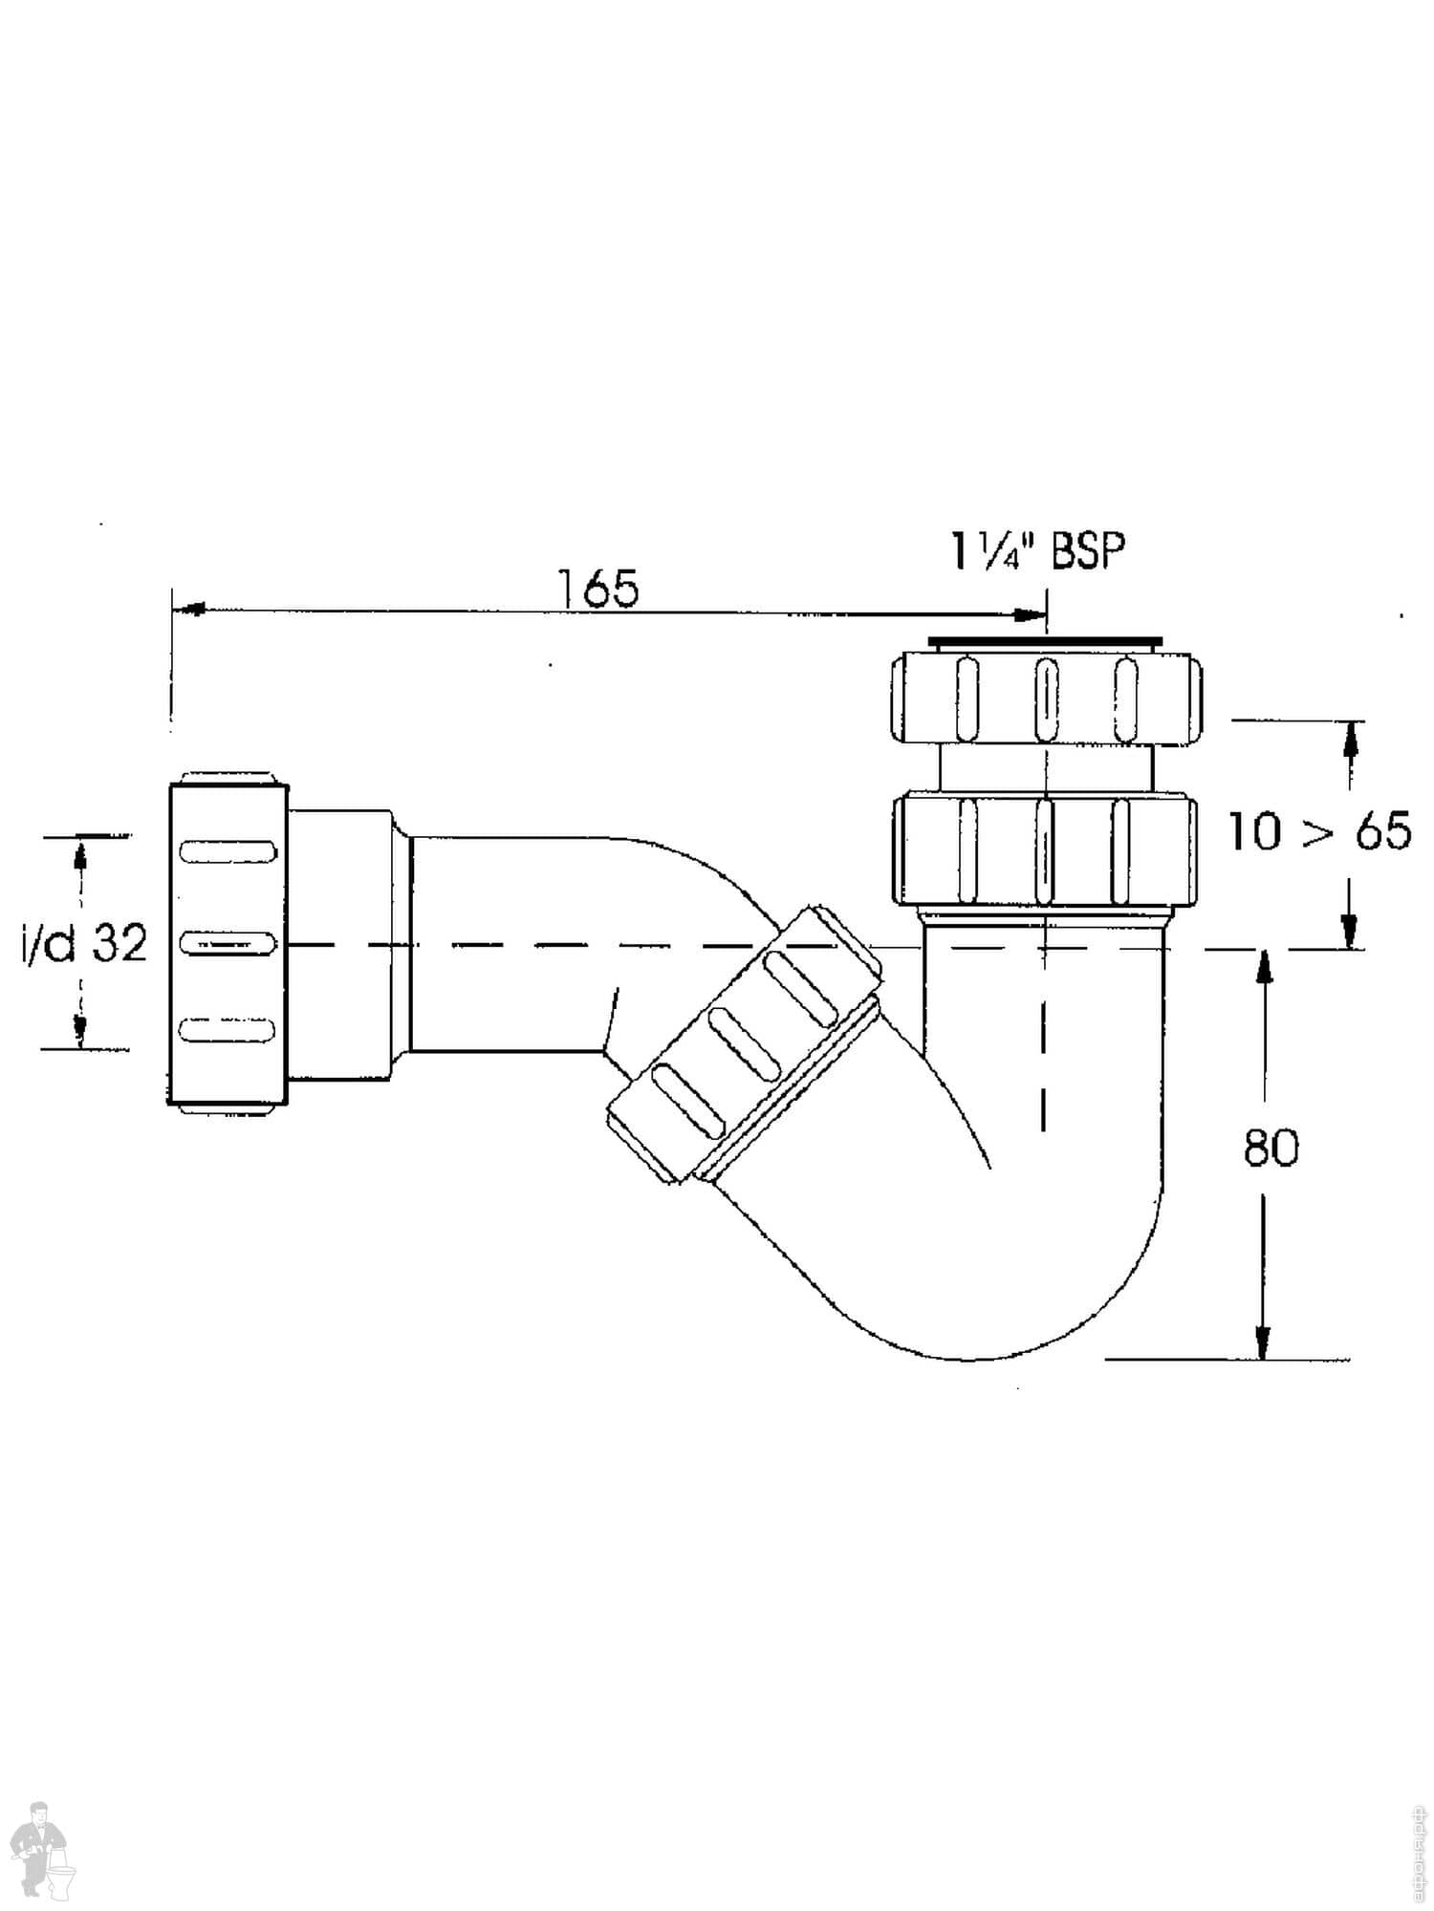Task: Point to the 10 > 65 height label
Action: pyautogui.click(x=1319, y=831)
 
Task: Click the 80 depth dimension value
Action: pyautogui.click(x=1271, y=1147)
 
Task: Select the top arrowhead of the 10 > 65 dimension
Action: pyautogui.click(x=1350, y=738)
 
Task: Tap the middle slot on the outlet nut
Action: pyautogui.click(x=228, y=943)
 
